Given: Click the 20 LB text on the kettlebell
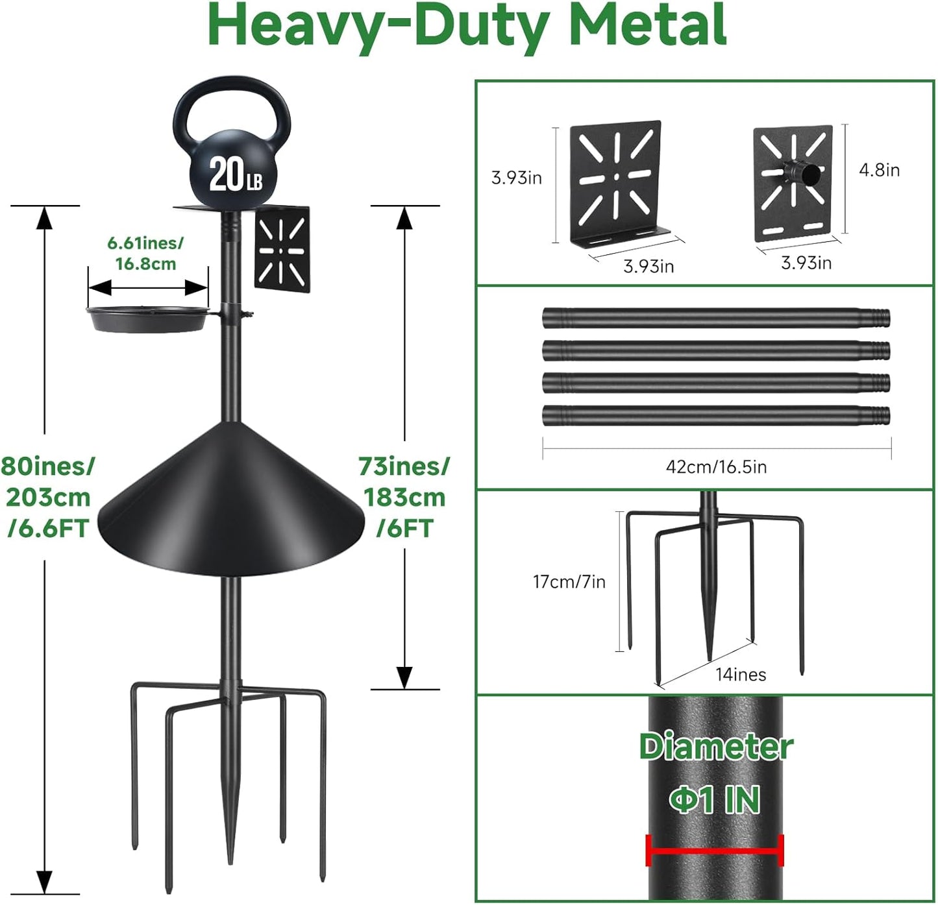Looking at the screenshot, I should tap(235, 175).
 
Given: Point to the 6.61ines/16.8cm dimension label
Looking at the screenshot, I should tap(145, 253).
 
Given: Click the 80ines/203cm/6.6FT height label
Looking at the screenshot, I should tap(47, 497).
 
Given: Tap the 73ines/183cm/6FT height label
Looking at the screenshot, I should tap(404, 497).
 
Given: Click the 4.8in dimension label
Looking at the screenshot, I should tap(879, 170).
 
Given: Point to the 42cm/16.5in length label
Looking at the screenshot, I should tap(716, 466).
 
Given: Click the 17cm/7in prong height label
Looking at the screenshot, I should tap(569, 582).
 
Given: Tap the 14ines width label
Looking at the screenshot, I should tap(741, 675).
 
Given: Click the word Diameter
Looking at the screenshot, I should tap(715, 747).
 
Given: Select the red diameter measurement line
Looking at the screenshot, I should tap(715, 851).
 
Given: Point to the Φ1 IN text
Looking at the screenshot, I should tap(715, 800).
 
